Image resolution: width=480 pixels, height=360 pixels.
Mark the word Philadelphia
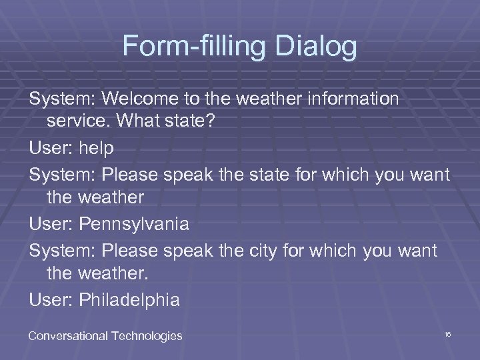click(129, 300)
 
